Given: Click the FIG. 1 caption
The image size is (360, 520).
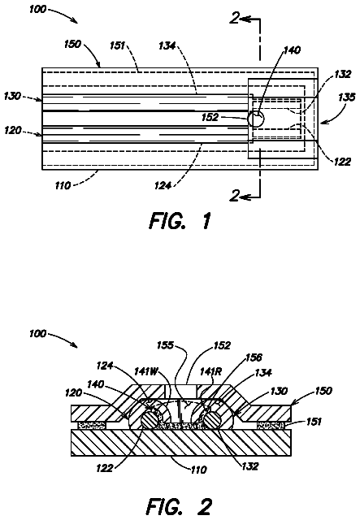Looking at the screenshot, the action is coord(180,221).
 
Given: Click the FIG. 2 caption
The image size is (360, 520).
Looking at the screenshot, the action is coord(179,506).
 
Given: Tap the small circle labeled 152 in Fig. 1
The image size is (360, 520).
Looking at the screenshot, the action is coord(256,119).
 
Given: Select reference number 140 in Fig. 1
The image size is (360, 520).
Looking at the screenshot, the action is coord(292,50).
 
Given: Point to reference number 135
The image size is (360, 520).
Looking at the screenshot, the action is coord(346,97).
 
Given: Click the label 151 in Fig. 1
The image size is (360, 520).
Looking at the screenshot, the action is coord(117,45).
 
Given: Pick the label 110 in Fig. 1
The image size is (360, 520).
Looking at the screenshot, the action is coord(63,184).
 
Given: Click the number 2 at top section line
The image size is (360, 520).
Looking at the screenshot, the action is coord(235,18).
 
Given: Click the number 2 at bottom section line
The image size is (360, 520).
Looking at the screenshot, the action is coord(235,196).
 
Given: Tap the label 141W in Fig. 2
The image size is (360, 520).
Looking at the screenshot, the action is coord(145,371).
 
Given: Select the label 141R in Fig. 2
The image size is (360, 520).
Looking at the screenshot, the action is coord(210,371).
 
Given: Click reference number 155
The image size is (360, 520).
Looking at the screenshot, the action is coord(166,345).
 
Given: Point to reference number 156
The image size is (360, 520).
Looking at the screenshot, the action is coord(254,357).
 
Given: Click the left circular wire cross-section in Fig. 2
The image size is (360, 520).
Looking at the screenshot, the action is coord(150,421).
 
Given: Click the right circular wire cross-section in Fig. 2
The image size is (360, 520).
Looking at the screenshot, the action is coord(212,421).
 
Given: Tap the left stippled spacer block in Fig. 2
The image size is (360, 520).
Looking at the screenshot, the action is coord(91,425).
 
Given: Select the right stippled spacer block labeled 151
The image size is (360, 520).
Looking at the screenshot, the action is coord(271,425).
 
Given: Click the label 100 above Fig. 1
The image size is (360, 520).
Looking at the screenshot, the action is coord(38,9).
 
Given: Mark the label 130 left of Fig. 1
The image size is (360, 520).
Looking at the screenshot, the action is coord(12,96).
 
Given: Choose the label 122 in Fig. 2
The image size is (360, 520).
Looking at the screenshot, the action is coord(105,468).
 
